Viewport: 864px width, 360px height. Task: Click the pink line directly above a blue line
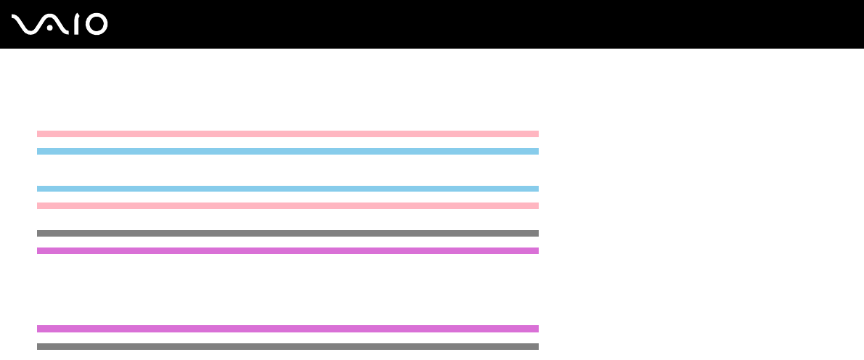coord(288,134)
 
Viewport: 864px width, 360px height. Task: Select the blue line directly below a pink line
coord(288,151)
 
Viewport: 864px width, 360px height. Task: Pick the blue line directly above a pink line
coord(288,188)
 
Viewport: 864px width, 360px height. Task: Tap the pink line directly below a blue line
coord(288,205)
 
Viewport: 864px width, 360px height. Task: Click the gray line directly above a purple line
coord(288,233)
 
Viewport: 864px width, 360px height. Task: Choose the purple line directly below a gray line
coord(288,250)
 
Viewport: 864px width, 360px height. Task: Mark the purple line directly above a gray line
coord(288,328)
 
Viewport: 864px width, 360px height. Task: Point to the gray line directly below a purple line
coord(288,346)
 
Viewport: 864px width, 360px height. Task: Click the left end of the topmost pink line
coord(39,134)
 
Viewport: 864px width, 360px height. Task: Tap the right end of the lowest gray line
coord(537,346)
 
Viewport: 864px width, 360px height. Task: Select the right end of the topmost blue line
coord(537,151)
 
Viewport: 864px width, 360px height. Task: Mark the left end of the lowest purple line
coord(39,328)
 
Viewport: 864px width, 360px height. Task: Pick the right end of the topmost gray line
coord(537,233)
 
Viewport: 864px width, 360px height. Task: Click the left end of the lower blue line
coord(39,188)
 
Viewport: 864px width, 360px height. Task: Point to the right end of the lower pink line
coord(537,205)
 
